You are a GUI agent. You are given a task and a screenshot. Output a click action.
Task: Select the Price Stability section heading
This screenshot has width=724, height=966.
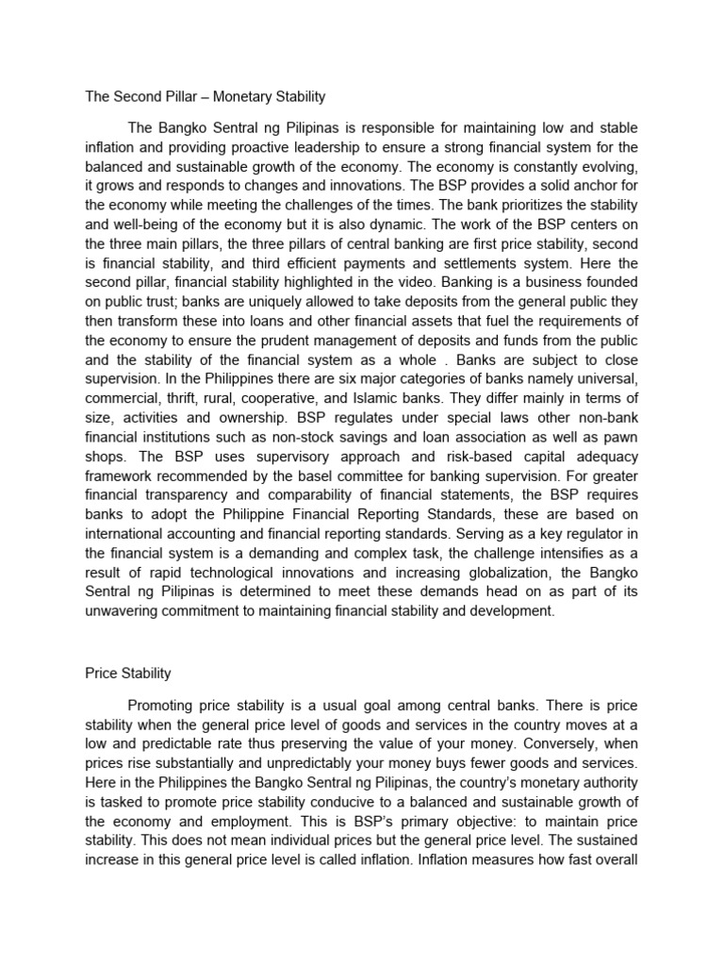pos(127,674)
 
